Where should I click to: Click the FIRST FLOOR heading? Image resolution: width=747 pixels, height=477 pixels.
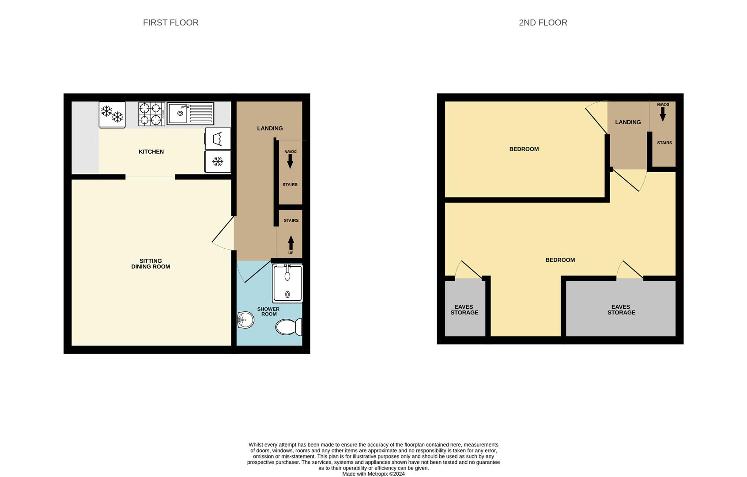[170, 23]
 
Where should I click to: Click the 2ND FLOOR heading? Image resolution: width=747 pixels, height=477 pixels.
[543, 23]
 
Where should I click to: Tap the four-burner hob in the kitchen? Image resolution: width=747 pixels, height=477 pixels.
[151, 114]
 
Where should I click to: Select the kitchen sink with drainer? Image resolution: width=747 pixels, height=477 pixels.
[190, 114]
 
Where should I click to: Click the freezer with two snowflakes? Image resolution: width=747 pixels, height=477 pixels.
[112, 114]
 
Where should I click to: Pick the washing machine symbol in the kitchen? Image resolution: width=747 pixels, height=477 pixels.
[218, 139]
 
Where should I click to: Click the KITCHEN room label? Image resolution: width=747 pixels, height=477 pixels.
[151, 151]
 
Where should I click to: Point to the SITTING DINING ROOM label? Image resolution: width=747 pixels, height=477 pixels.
[151, 264]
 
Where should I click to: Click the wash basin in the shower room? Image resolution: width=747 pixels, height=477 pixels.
[245, 320]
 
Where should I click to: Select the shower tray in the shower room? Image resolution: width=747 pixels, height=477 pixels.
[287, 283]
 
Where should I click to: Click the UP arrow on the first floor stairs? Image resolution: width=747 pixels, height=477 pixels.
[290, 243]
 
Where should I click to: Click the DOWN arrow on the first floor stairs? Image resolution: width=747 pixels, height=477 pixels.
[290, 161]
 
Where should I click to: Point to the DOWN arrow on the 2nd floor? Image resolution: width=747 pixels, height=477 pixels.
[663, 114]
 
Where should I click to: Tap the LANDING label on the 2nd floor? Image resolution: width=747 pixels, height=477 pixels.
[627, 122]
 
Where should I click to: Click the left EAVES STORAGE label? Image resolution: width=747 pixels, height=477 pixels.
[464, 310]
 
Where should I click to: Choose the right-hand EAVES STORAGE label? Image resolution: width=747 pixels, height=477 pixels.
[621, 310]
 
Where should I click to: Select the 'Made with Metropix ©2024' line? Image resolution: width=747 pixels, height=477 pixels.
[373, 474]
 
